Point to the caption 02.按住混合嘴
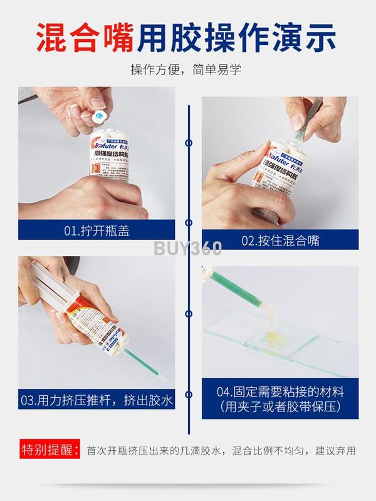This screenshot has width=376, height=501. click(x=279, y=240)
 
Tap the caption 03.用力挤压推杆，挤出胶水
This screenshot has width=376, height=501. click(x=97, y=399)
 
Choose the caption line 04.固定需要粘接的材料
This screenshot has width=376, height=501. click(x=280, y=393)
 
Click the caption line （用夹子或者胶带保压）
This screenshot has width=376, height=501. click(x=280, y=407)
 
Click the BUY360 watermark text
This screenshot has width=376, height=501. click(x=188, y=248)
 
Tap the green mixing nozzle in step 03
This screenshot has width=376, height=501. click(x=145, y=366)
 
